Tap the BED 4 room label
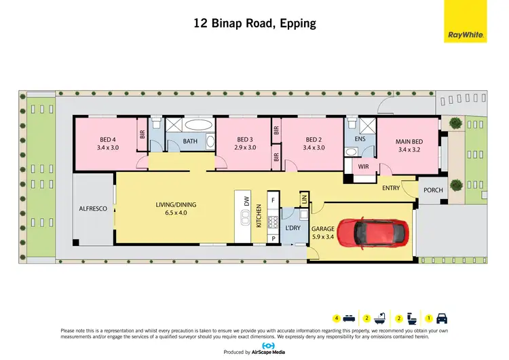[108, 140]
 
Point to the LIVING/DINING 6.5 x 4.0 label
[175, 207]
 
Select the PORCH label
[432, 190]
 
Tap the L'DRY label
[293, 228]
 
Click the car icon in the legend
[442, 318]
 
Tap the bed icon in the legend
[348, 318]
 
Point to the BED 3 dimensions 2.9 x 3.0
[244, 147]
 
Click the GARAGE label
[323, 230]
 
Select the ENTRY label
[391, 188]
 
